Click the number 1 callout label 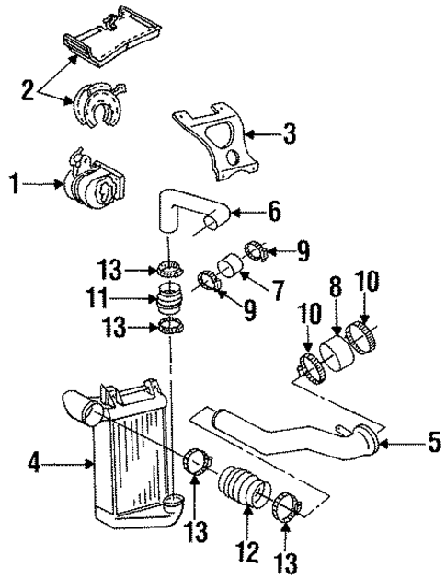pos(13,184)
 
